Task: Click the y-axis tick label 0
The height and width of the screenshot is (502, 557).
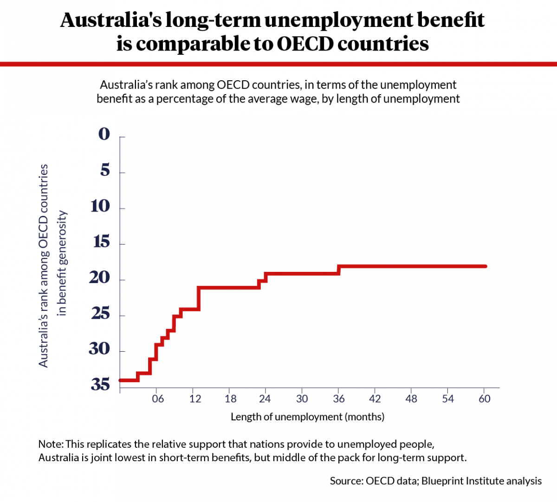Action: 104,134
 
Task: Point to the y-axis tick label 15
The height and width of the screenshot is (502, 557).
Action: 101,242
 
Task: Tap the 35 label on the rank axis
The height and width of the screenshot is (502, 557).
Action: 100,385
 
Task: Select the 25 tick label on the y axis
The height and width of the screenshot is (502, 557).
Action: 101,314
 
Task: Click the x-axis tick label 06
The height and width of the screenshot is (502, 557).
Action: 158,399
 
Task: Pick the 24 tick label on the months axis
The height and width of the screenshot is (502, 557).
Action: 265,399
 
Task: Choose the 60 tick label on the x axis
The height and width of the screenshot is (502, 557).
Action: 484,399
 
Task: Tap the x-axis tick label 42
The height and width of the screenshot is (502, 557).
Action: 375,399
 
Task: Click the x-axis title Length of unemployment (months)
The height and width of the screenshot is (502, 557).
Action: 307,417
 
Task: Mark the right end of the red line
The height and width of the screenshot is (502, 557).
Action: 485,266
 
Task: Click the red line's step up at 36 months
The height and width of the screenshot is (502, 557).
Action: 339,270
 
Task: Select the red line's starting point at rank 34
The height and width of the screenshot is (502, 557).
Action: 120,380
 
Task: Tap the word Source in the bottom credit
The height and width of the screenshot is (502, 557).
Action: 346,481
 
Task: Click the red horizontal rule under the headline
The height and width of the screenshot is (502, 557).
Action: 278,64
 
